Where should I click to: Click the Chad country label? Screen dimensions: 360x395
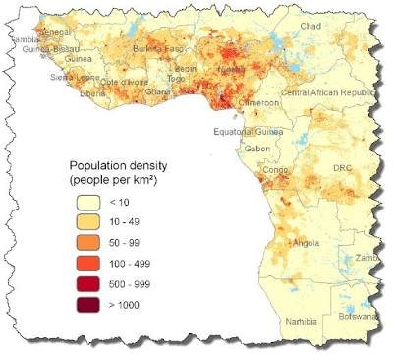[310, 25]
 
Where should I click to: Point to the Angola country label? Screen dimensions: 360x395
[305, 242]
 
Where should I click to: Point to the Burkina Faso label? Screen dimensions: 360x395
[158, 48]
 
